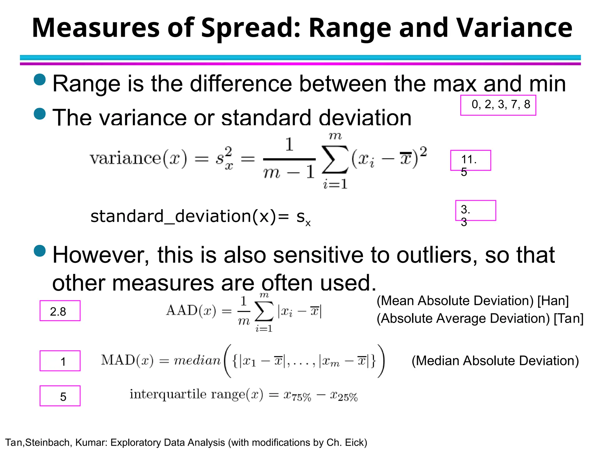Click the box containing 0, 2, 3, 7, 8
coord(498,105)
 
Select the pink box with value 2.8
coord(60,311)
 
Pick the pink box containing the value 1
coord(60,361)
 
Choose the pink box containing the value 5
coord(60,396)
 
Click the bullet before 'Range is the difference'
coord(40,80)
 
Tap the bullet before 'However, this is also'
coord(40,251)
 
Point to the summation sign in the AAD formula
coord(264,311)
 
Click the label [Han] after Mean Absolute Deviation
coord(553,301)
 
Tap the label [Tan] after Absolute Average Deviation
coord(568,319)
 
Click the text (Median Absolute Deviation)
coord(495,361)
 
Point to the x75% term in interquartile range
coord(297,396)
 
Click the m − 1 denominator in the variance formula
coord(289,173)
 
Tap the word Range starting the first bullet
coord(86,84)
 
